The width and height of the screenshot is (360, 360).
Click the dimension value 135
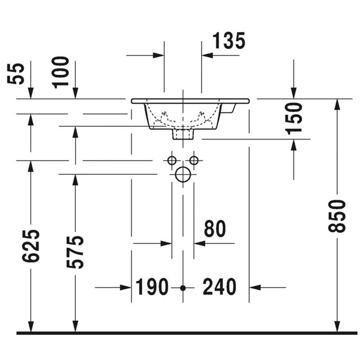[229, 40]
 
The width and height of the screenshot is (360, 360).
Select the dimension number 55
[16, 74]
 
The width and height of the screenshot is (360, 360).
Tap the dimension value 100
[60, 72]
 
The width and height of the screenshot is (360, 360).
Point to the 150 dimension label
[294, 119]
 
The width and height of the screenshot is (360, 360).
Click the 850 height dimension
[337, 216]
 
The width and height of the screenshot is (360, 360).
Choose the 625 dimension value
[31, 246]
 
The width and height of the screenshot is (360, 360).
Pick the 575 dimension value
[75, 252]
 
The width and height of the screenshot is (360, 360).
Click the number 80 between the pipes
[215, 229]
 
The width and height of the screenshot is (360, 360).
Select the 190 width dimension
[152, 287]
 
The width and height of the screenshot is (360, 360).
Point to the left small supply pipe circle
[172, 161]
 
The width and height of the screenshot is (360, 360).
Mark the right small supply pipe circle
[194, 161]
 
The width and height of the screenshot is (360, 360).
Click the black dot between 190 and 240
[183, 288]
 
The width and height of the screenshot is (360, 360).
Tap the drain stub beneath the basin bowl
[183, 134]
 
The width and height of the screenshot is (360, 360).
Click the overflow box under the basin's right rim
[229, 108]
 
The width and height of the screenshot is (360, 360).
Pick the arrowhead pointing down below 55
[31, 93]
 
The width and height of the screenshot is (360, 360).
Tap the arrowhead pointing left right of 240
[255, 287]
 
